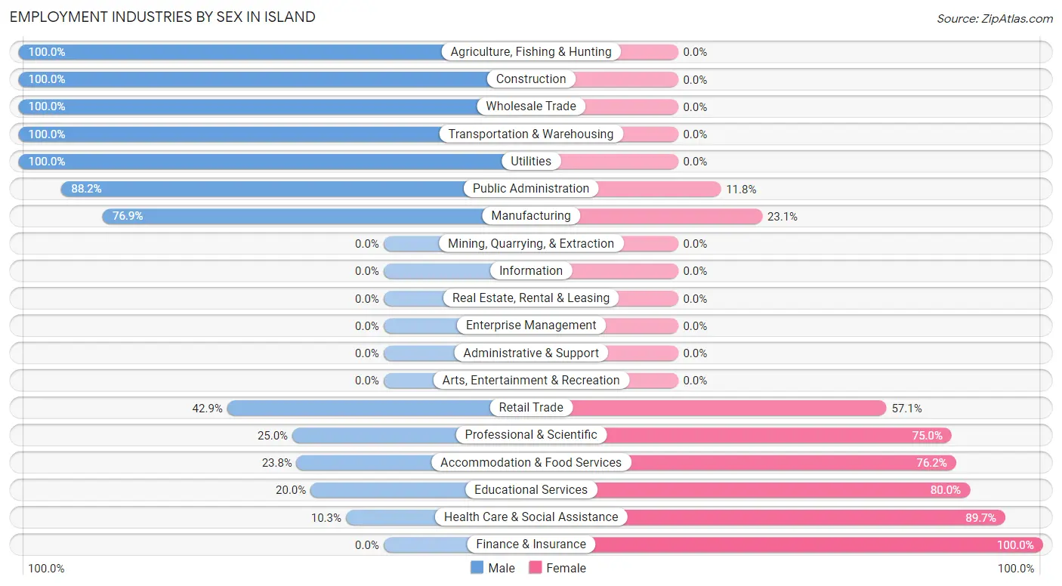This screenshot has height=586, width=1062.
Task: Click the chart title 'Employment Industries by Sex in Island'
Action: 162,17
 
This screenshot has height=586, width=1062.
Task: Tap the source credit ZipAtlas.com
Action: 994,18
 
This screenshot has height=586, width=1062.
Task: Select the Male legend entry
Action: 492,568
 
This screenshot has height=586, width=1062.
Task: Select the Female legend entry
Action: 557,568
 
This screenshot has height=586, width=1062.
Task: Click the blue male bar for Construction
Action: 249,79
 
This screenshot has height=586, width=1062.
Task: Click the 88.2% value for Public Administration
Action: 86,189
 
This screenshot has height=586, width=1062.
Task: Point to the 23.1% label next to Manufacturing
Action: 783,217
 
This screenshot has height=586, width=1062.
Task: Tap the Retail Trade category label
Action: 531,408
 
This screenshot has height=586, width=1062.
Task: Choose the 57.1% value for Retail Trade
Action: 906,409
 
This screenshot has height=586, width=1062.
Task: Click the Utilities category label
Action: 531,162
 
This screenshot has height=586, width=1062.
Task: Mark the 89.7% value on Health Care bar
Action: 981,517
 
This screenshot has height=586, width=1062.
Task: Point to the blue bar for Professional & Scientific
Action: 374,435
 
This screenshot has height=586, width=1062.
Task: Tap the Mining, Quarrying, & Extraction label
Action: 531,244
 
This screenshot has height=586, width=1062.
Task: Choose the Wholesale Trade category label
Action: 531,106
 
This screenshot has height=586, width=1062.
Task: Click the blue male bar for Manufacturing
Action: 302,216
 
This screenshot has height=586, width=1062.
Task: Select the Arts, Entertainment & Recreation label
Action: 531,381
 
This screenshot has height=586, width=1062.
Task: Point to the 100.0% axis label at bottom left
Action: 46,569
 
